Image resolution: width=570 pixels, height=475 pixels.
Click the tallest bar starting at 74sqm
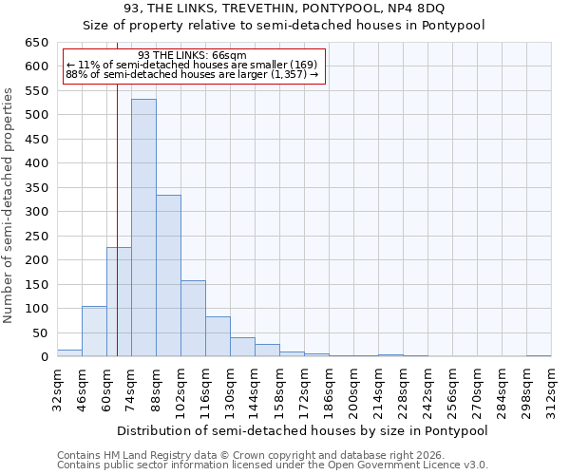coord(143,228)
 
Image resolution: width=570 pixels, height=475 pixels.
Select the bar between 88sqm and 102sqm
coord(168,275)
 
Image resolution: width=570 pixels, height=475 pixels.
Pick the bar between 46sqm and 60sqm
coord(94,332)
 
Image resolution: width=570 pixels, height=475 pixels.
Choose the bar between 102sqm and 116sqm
coord(193,318)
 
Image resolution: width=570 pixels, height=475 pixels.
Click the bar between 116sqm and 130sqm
coord(218,336)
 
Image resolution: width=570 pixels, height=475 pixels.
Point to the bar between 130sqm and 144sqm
coord(242,347)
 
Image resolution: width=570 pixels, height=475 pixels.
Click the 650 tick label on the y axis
coord(35,43)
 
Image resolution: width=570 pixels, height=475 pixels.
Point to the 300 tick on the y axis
coord(35,212)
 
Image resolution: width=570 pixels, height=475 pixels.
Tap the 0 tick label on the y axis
coord(44,357)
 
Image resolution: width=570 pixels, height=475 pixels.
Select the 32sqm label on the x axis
coord(57,388)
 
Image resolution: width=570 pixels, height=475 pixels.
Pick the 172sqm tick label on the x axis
coord(304,389)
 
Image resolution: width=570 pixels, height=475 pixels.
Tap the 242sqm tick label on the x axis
coord(427,389)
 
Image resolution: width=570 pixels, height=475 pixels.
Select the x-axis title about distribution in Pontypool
coord(304,430)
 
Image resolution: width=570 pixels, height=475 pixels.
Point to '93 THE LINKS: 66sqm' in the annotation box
coord(192,56)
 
